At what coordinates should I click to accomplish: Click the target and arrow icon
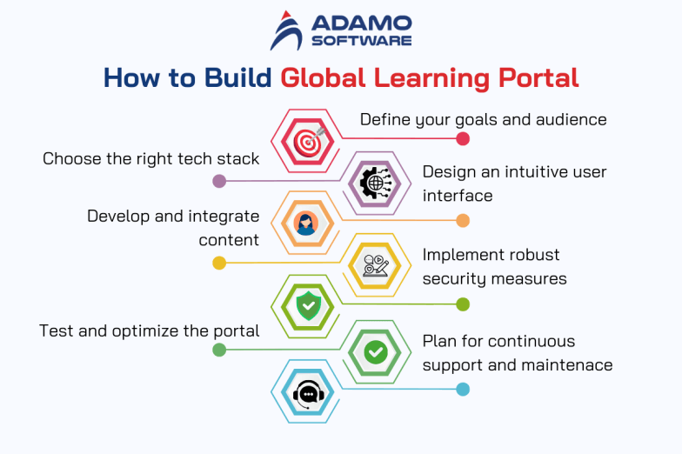pyautogui.click(x=307, y=140)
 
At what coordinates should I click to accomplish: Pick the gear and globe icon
pyautogui.click(x=376, y=183)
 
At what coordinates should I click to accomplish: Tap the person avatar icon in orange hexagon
pyautogui.click(x=305, y=224)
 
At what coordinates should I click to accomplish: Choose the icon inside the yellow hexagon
pyautogui.click(x=375, y=265)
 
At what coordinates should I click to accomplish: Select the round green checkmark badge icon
pyautogui.click(x=376, y=351)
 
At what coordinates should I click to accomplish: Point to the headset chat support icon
pyautogui.click(x=306, y=393)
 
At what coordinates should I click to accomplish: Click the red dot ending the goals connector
pyautogui.click(x=463, y=139)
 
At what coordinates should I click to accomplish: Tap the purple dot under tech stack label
pyautogui.click(x=219, y=182)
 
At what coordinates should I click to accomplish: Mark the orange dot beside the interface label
pyautogui.click(x=463, y=221)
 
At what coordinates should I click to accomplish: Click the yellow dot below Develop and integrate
pyautogui.click(x=219, y=263)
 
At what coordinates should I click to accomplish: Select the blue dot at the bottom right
pyautogui.click(x=463, y=390)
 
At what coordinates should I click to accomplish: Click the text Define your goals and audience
pyautogui.click(x=483, y=119)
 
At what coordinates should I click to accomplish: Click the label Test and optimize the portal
pyautogui.click(x=150, y=330)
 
